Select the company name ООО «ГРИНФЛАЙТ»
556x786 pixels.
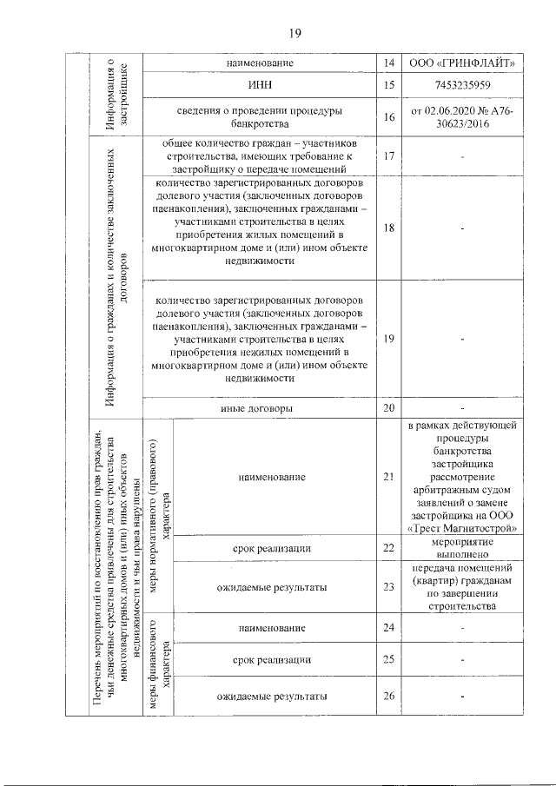[x=463, y=63]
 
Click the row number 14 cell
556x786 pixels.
[x=388, y=63]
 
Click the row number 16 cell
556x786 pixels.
[x=388, y=117]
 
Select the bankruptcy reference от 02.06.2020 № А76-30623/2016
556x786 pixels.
[x=463, y=117]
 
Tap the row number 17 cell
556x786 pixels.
[x=388, y=155]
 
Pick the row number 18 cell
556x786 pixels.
[x=388, y=228]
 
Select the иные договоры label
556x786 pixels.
[x=260, y=407]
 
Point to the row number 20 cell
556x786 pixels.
[x=388, y=407]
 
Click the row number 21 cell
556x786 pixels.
[x=388, y=477]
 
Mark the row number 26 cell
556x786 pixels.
[x=388, y=697]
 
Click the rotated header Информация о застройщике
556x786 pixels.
[x=117, y=94]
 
